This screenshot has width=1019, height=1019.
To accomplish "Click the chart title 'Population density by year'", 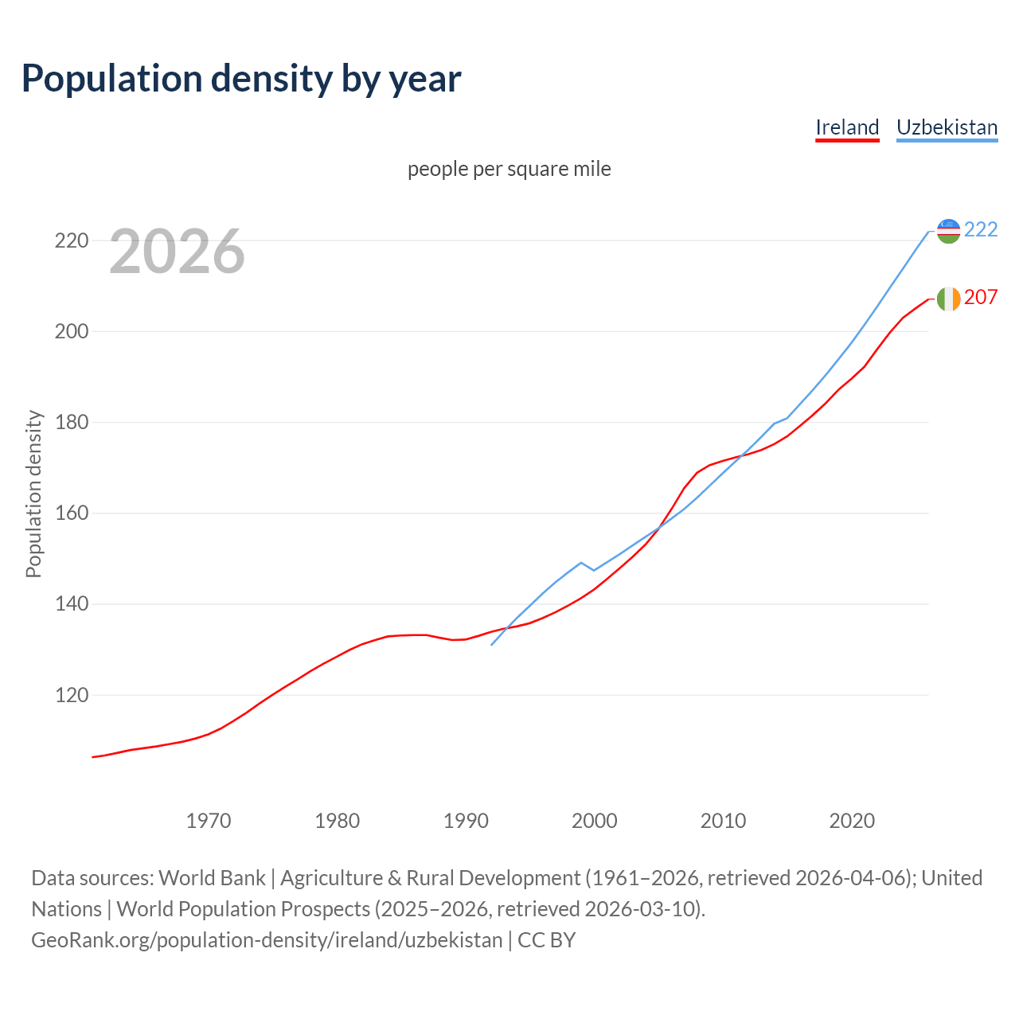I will coord(241,78).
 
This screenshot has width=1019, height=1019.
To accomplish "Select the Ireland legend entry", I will coord(847,127).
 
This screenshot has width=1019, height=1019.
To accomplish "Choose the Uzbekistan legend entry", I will coord(947,127).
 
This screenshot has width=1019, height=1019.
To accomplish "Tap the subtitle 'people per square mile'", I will coord(509,169).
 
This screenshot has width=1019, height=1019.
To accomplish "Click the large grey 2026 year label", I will coord(177,252).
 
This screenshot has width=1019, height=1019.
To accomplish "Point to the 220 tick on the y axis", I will coord(71,240).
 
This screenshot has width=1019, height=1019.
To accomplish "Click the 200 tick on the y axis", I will coord(71,331).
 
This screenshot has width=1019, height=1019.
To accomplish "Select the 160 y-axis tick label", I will coord(71,513).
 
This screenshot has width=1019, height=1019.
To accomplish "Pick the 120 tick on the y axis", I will coord(71,695).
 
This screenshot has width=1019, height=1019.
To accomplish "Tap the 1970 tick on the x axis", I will coord(209,821).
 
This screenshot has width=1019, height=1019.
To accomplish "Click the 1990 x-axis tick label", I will coord(466,821).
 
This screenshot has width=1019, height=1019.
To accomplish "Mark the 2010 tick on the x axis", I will coord(723,821).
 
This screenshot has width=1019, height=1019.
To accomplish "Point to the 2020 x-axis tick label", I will coord(852,821).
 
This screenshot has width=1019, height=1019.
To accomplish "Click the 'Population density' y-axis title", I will coord(33,494).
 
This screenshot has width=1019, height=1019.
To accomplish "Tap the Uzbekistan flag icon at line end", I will coord(948,231).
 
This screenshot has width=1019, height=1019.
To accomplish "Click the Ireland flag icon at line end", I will coord(948,299).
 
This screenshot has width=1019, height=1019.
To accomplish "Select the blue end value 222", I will coord(981,229).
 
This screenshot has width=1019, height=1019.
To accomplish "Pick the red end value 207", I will coord(981,297).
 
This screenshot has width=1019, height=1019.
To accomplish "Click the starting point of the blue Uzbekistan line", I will coord(492,645).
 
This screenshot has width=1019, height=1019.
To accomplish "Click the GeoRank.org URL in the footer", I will coord(267,940).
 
